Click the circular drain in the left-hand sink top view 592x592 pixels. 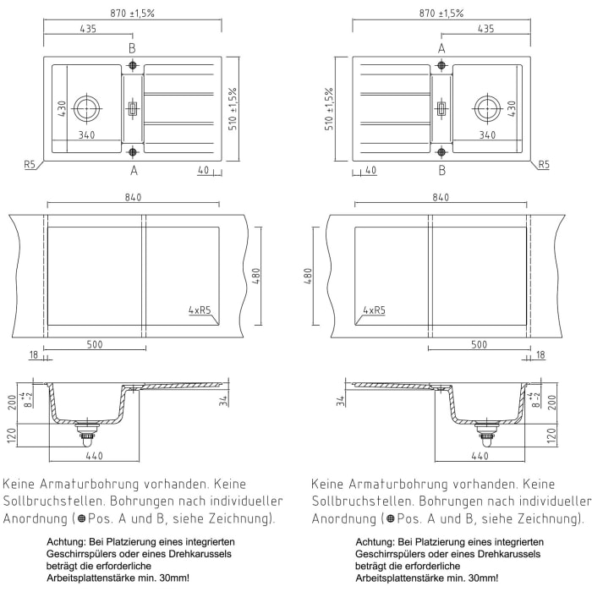tap(86, 107)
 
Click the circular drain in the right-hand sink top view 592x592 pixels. tap(486, 107)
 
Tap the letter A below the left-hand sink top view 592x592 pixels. tap(132, 171)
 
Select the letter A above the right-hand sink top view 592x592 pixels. tap(441, 48)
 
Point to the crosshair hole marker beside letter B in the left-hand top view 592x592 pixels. tap(132, 65)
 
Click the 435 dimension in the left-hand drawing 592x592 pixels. tap(88, 29)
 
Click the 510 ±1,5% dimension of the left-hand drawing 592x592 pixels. tap(232, 108)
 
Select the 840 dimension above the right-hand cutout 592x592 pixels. tap(440, 197)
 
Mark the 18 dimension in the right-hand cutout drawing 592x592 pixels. tap(540, 356)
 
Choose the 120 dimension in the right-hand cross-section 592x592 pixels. tap(551, 436)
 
